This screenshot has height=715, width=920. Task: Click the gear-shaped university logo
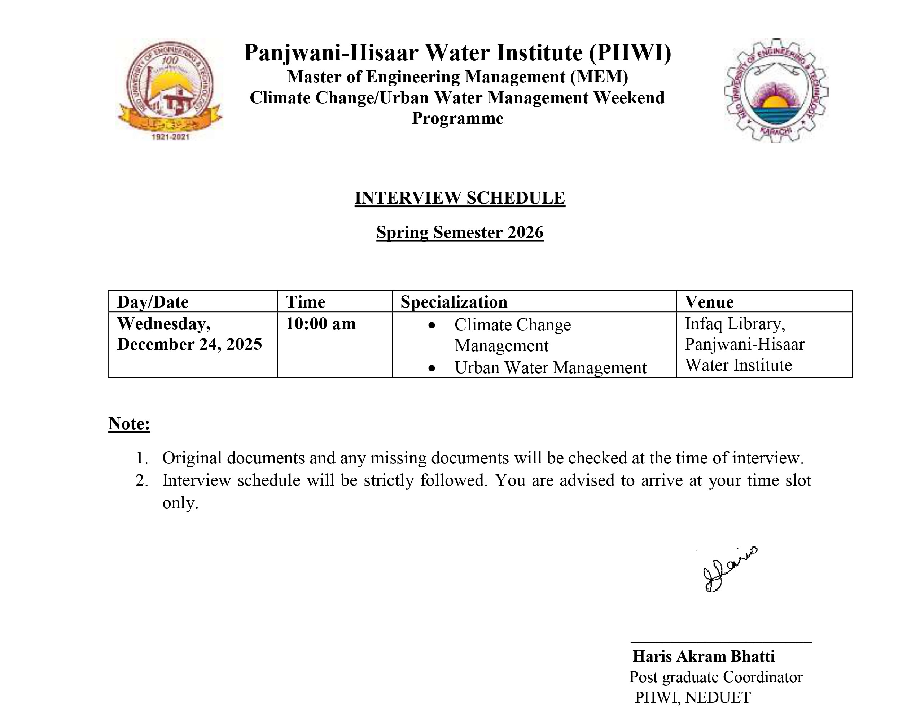point(776,91)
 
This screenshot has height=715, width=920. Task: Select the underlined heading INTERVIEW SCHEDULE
point(460,198)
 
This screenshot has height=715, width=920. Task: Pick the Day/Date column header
point(153,302)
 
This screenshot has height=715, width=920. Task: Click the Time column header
point(305,302)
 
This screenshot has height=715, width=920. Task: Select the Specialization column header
point(454,302)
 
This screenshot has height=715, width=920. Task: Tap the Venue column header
point(709,302)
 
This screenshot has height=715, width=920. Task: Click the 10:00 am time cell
point(321,324)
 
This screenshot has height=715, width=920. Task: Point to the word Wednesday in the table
point(163,324)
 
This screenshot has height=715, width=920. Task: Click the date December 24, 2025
point(189,344)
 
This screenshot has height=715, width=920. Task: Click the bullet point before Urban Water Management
point(431,368)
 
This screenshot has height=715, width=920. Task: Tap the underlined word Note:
point(129,423)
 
